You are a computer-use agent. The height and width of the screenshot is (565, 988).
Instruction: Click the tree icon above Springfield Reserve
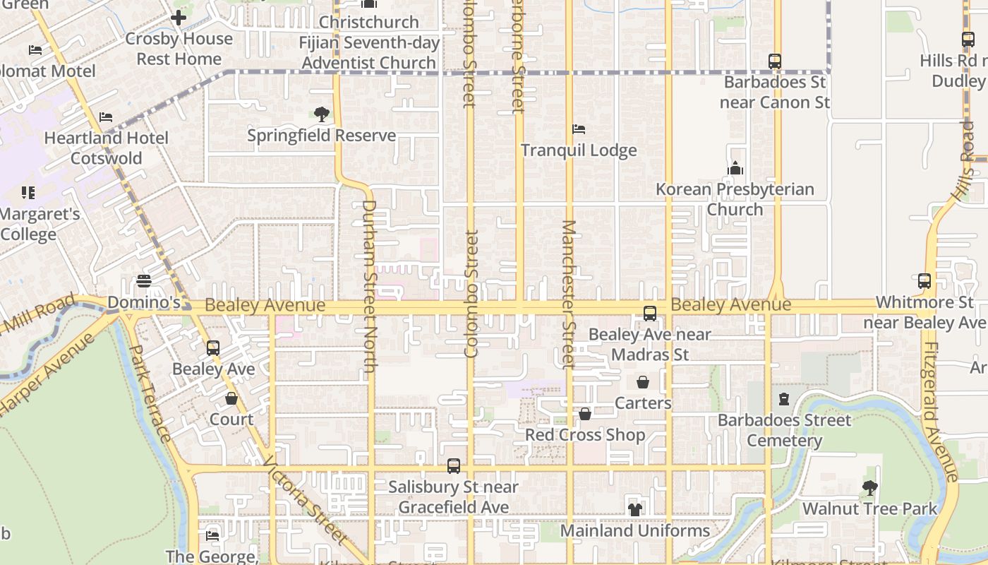pos(322,114)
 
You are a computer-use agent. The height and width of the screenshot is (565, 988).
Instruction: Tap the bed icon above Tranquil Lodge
pos(579,129)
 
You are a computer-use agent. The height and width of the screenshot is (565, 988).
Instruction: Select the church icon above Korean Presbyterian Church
pos(735,168)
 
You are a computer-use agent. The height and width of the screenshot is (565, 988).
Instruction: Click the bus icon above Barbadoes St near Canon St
pos(775,61)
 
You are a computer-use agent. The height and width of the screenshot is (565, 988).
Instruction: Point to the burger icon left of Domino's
pos(144,281)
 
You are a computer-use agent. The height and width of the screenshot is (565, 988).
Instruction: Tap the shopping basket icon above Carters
pos(643,382)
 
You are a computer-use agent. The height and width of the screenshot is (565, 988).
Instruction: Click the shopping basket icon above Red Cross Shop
pos(585,414)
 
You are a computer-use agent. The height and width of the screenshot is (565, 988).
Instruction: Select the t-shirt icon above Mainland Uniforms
pos(635,509)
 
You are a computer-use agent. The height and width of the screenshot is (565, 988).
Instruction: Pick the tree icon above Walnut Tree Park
pos(869,487)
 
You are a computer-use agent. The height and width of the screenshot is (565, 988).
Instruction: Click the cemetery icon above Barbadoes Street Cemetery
pos(784,399)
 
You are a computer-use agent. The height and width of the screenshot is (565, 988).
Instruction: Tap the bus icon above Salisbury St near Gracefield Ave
pos(454,466)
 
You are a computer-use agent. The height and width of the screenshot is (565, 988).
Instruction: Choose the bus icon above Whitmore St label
pos(924,281)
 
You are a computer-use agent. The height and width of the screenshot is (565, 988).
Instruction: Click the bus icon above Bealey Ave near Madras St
pos(650,314)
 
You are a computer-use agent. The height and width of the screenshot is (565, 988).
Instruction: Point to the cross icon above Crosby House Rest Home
pos(179,18)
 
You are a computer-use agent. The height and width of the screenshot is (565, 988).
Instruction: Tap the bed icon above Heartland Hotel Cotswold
pos(106,117)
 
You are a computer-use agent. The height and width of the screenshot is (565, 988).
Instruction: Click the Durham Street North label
pos(369,286)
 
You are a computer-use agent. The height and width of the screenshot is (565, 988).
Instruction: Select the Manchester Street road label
pos(569,294)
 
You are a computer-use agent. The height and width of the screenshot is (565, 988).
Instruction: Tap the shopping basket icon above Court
pos(231,398)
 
